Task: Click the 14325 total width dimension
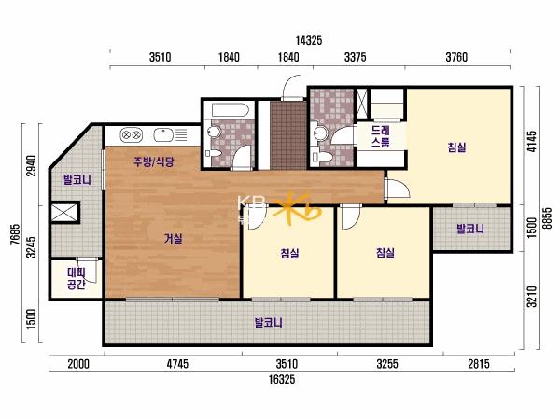[x=309, y=41]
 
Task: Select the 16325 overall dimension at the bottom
[x=282, y=379]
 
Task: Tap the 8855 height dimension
[x=547, y=218]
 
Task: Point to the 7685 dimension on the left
[x=15, y=234]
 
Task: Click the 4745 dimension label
[x=177, y=364]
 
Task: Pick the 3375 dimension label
[x=355, y=57]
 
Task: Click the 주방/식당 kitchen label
[x=154, y=161]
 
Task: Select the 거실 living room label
[x=174, y=238]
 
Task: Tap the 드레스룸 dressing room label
[x=381, y=136]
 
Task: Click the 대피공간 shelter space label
[x=77, y=279]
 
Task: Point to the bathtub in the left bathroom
[x=230, y=110]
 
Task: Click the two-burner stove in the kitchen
[x=131, y=135]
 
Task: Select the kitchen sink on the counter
[x=163, y=135]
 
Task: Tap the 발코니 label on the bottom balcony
[x=268, y=323]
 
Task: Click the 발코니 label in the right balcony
[x=470, y=229]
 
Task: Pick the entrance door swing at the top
[x=292, y=88]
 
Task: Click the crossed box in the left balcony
[x=64, y=212]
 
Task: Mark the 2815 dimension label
[x=479, y=364]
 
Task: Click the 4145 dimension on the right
[x=532, y=142]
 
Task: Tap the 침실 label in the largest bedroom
[x=456, y=147]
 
